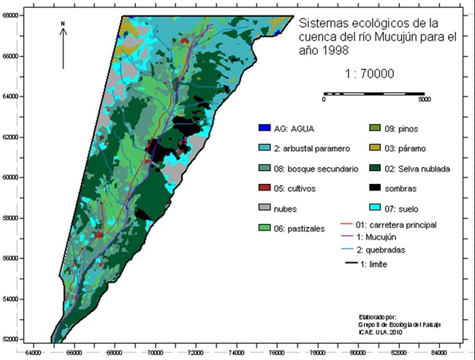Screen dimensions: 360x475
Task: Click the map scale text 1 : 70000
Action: click(x=370, y=73)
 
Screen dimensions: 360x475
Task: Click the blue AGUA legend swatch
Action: click(x=265, y=129)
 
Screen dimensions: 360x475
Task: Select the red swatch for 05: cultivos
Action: click(x=265, y=188)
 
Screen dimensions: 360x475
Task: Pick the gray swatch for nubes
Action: click(x=265, y=207)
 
